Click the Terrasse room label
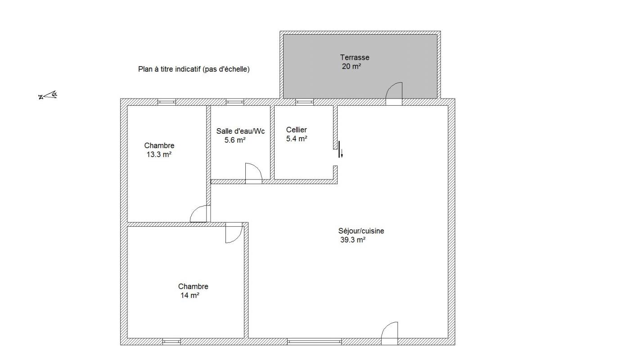click(355, 58)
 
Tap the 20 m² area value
click(352, 67)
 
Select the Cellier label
click(296, 130)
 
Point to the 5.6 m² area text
click(235, 140)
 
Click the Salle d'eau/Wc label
click(241, 131)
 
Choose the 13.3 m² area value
click(159, 155)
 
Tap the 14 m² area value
click(190, 296)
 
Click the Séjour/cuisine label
click(361, 231)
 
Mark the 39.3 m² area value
click(353, 240)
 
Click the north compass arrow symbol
click(48, 95)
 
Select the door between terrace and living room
click(394, 94)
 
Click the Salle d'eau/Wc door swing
click(253, 173)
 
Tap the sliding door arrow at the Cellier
click(342, 153)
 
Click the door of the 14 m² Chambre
click(234, 233)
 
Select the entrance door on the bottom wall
click(390, 333)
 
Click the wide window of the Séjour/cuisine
click(314, 342)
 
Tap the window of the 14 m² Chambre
click(171, 342)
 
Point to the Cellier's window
click(305, 102)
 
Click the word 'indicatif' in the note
click(188, 69)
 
